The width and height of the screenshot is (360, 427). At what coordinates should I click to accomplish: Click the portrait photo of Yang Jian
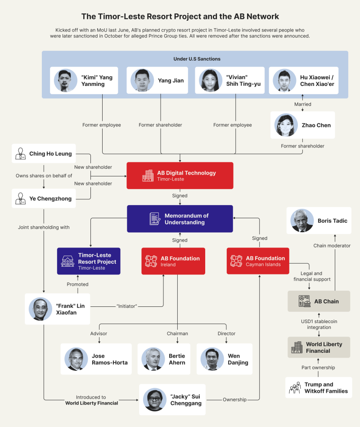(139, 81)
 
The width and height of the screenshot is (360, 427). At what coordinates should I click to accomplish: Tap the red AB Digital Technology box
(180, 175)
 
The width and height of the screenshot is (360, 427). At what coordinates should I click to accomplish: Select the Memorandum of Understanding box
(180, 219)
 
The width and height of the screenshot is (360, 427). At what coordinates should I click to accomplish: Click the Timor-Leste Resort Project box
(89, 261)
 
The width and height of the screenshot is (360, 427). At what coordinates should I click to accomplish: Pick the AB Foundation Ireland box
(173, 261)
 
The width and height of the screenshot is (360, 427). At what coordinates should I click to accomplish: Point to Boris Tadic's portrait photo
(301, 220)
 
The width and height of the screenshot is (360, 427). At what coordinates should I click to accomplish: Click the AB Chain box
(319, 301)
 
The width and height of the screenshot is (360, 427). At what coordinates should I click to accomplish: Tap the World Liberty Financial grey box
(319, 347)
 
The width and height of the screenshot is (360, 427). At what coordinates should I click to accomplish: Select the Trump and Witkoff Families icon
(295, 388)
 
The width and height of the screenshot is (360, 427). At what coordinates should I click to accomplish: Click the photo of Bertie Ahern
(153, 359)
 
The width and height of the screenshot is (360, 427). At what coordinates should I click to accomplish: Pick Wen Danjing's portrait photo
(212, 359)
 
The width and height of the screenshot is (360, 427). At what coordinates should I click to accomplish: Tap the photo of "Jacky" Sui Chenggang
(154, 400)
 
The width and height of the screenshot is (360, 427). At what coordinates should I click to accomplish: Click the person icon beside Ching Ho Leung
(20, 153)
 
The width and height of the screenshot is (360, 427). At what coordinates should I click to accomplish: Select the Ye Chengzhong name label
(50, 198)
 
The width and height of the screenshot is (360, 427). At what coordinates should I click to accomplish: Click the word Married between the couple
(302, 104)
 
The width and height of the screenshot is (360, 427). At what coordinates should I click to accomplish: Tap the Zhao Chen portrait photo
(286, 125)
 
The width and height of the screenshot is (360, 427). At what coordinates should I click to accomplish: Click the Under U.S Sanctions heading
(197, 59)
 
